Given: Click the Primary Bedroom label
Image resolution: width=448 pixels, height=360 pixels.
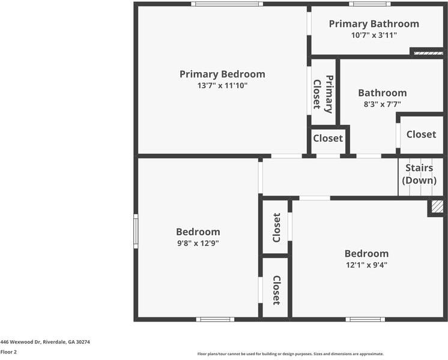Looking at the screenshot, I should (222, 74).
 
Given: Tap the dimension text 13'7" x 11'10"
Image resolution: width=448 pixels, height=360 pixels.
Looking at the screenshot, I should (222, 86).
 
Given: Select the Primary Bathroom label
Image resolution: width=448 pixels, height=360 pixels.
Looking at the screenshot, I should (374, 24).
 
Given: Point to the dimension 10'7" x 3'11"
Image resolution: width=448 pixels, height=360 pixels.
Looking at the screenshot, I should (374, 35).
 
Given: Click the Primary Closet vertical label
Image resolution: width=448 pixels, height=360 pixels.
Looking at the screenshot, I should (323, 94).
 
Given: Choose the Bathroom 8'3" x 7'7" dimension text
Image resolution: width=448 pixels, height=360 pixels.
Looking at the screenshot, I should (382, 104).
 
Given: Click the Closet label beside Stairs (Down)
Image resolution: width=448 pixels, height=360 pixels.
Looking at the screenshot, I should (421, 134).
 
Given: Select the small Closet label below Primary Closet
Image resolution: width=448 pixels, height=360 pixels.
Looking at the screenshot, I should (328, 139).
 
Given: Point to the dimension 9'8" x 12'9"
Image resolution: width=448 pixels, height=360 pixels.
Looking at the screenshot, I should (198, 244).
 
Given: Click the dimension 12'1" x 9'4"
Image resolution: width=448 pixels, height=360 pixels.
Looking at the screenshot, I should (366, 265).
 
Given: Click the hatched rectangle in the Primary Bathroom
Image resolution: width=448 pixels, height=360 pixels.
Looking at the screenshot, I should (428, 53).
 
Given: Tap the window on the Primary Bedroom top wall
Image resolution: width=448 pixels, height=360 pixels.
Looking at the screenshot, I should (226, 4).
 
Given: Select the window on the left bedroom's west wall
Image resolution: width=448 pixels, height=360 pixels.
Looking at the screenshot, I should (136, 231).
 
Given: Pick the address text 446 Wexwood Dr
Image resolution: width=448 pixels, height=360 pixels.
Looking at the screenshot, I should (45, 341).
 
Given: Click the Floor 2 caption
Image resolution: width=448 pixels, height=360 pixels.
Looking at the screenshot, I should (8, 352).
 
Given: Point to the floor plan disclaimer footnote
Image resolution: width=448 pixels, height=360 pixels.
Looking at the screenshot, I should (290, 354).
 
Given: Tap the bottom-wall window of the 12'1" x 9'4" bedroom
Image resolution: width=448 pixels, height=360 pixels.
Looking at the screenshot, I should (365, 319).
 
